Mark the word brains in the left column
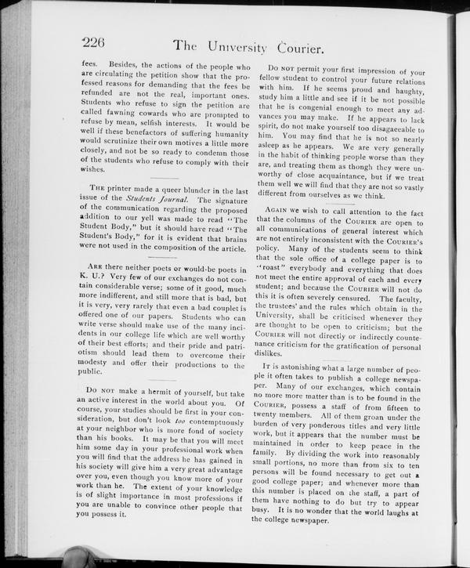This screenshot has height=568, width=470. point(237,234)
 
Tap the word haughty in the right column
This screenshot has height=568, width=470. point(403,92)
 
